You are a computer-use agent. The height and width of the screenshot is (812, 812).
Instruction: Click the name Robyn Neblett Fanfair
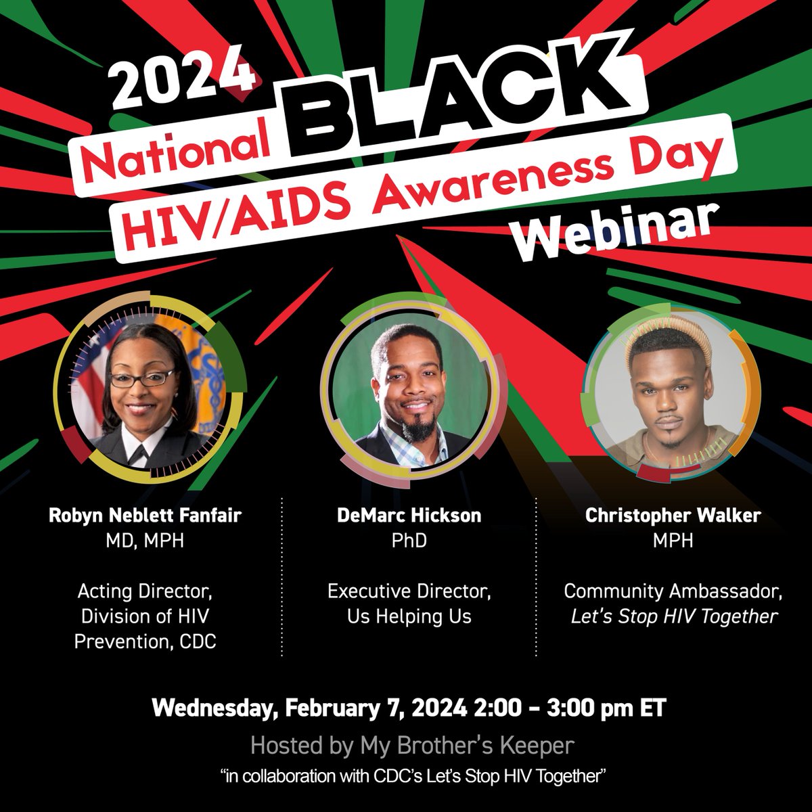coord(145,516)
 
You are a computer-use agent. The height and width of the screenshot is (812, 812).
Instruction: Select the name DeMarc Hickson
coord(409,516)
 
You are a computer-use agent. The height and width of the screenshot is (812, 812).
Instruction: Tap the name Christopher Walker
coord(673,516)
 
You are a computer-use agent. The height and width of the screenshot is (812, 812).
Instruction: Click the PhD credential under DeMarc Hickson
coord(409,541)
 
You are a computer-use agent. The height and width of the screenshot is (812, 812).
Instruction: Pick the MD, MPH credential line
coord(145,541)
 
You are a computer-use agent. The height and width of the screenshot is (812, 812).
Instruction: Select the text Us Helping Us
coord(409,616)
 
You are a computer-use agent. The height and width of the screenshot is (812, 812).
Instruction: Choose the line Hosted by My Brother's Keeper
coord(412,746)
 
